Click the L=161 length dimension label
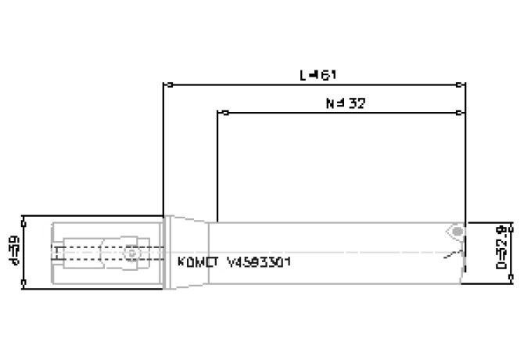318,75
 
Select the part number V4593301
258,263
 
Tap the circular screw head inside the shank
130,253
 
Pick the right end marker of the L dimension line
465,84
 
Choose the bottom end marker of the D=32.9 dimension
512,279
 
